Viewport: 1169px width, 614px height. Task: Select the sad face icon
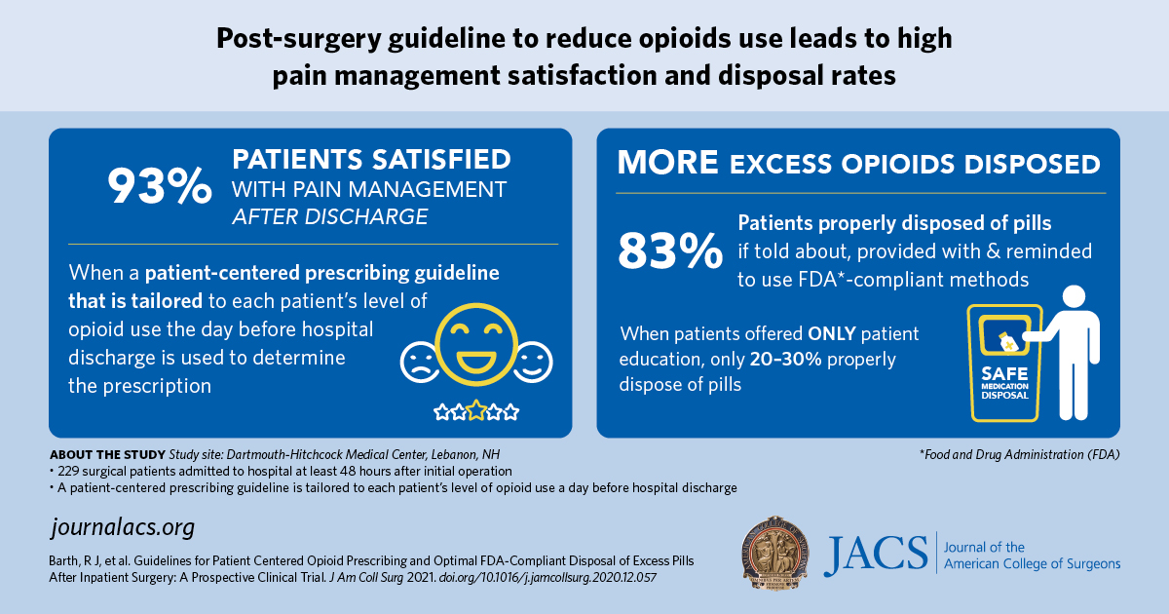421,362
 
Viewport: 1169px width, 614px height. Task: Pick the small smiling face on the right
533,362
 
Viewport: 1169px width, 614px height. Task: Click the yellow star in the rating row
476,411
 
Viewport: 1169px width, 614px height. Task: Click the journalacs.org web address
122,528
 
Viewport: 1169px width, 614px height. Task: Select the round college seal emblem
775,554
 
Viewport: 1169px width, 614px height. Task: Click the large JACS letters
874,556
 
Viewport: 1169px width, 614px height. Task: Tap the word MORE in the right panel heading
668,163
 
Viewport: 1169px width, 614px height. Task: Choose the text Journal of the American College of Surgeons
1031,556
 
